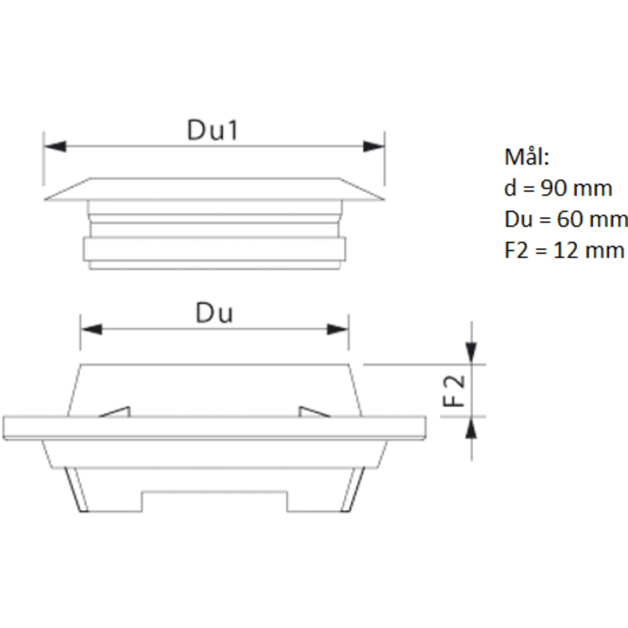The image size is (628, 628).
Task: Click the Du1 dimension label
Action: coord(213,130)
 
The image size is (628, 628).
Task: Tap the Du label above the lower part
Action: coord(214,313)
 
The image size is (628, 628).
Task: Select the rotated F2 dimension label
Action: coord(455,391)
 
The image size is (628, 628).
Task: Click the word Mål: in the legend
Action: coord(527,156)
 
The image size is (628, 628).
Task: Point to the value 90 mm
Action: coord(576,188)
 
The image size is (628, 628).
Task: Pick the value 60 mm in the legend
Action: coord(592,219)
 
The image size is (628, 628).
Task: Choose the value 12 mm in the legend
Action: coord(588,251)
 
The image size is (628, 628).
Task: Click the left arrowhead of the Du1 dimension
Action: coord(55,146)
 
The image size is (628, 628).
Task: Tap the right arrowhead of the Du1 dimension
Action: coord(374,146)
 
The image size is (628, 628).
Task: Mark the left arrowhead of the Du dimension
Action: coord(92,329)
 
